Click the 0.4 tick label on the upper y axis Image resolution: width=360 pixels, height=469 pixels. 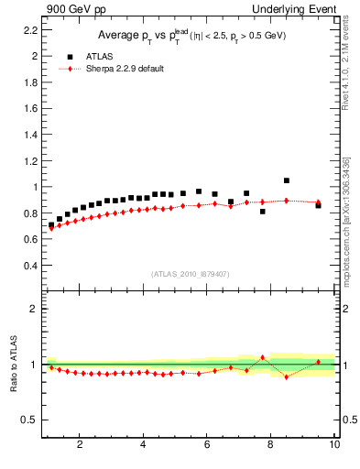point(30,266)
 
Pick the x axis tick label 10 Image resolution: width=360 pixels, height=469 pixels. point(333,445)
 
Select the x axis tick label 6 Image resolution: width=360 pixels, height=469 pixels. point(207,445)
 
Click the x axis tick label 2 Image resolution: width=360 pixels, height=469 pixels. point(80,445)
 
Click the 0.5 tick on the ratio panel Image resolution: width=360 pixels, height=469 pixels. point(30,420)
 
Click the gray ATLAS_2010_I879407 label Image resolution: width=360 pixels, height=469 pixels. point(190,273)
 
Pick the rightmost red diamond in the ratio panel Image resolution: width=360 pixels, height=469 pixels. point(318,362)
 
